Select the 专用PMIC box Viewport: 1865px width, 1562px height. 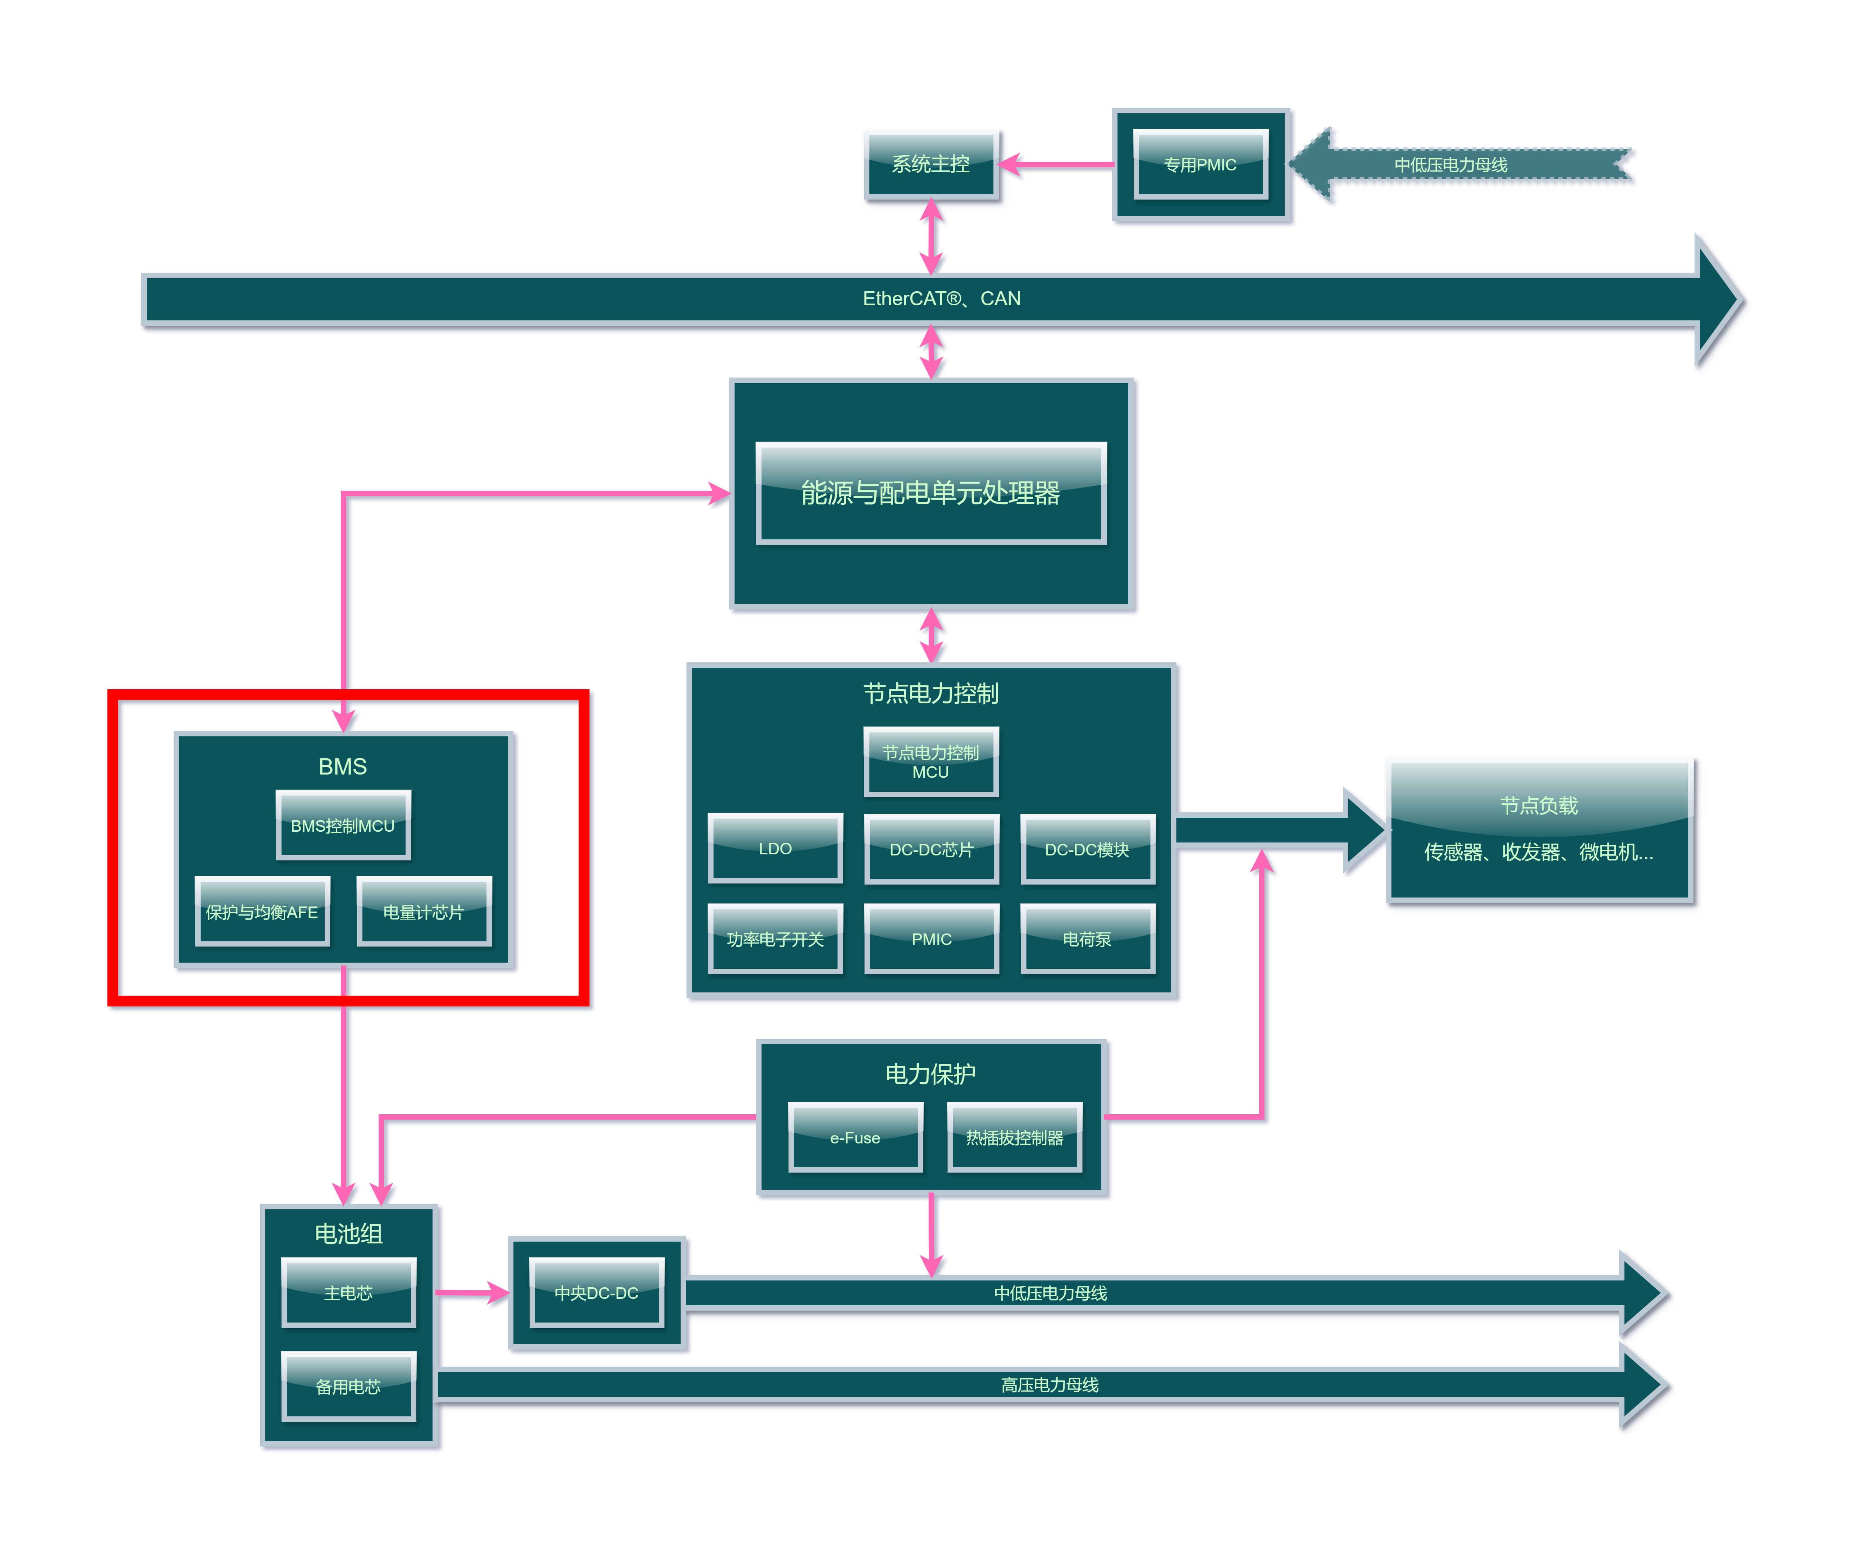(x=1201, y=164)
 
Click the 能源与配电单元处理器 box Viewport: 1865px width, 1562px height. (x=931, y=493)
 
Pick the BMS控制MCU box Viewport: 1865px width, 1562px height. (x=343, y=825)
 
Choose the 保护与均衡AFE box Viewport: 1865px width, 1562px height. (x=262, y=912)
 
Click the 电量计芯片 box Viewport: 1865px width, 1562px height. (x=424, y=912)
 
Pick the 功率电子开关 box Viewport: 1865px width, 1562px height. (x=775, y=938)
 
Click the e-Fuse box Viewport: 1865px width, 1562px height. (x=855, y=1138)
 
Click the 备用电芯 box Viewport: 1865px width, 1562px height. (x=348, y=1386)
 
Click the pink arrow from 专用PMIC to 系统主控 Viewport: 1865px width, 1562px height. (x=1057, y=164)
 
